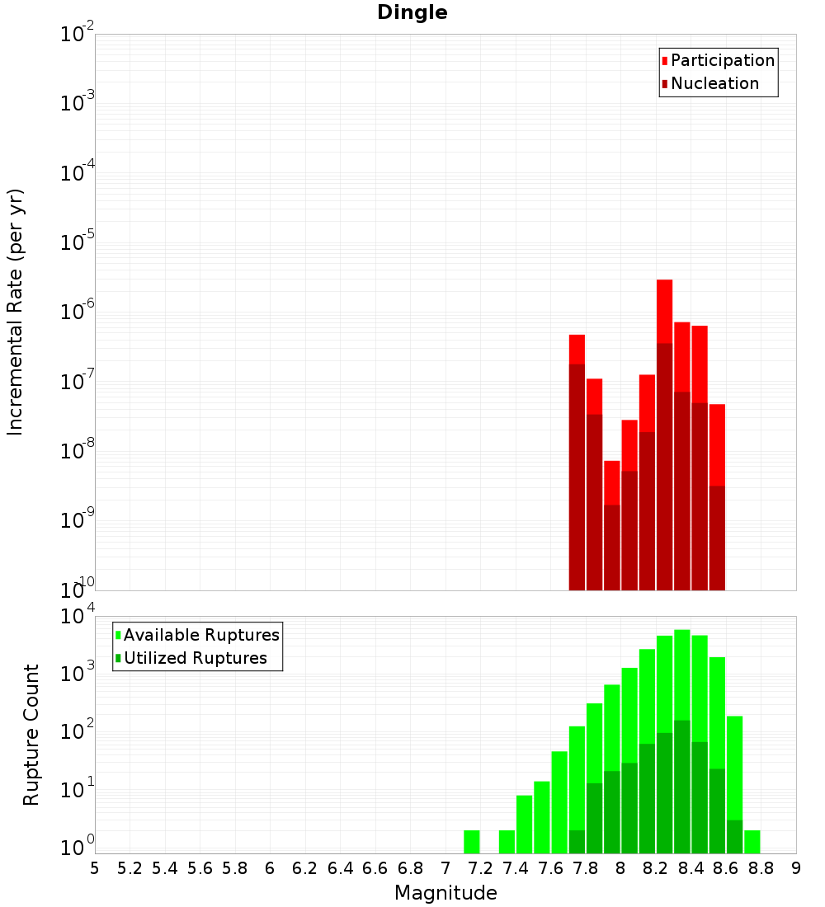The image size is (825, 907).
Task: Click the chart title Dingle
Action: pos(412,12)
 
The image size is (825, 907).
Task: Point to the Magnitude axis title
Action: pos(445,893)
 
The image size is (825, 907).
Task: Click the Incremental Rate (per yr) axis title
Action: pos(16,313)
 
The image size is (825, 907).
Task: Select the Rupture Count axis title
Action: pos(31,735)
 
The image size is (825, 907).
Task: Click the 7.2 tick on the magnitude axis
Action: pos(480,868)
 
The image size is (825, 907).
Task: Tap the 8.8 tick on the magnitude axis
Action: pos(761,868)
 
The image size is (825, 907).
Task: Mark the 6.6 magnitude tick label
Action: pos(375,868)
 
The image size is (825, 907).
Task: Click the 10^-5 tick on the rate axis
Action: pos(78,242)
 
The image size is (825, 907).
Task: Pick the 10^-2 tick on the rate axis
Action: pos(78,35)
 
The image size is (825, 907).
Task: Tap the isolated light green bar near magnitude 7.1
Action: pos(472,841)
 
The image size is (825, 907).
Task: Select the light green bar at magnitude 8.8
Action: pos(752,841)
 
